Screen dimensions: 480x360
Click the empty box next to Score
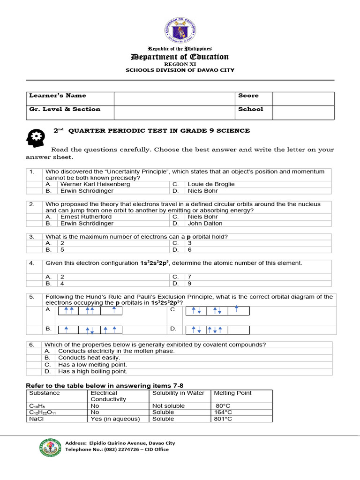[303, 98]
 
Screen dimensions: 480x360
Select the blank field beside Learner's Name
[174, 98]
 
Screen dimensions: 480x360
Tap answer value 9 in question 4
[190, 283]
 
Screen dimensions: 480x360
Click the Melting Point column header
[232, 393]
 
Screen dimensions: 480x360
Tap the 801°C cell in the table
[223, 419]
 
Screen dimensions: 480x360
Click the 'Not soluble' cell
[169, 406]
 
